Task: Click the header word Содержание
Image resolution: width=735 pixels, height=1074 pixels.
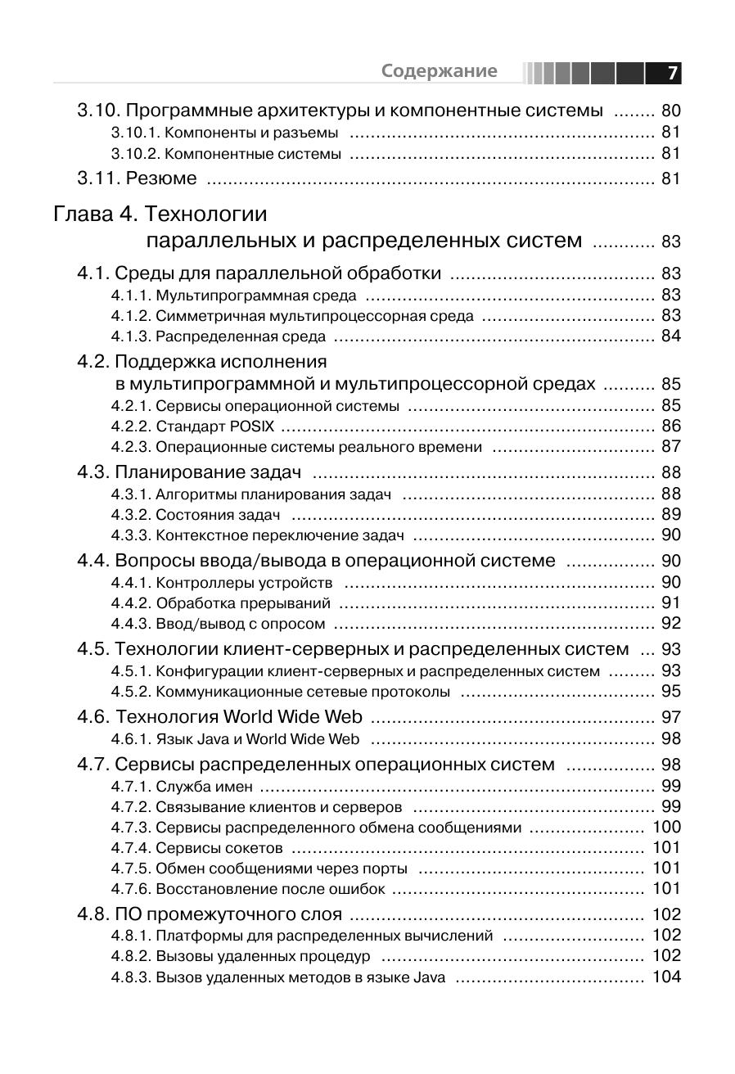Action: click(x=439, y=71)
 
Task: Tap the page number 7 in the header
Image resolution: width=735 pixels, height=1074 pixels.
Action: click(x=671, y=73)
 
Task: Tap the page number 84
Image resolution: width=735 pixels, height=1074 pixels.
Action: click(x=670, y=336)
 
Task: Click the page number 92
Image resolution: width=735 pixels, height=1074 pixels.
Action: click(x=670, y=624)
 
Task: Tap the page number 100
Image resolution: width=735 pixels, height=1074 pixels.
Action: click(x=666, y=827)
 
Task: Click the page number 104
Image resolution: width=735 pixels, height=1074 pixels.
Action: click(x=666, y=977)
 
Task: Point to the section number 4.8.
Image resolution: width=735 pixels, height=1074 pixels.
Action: click(x=92, y=914)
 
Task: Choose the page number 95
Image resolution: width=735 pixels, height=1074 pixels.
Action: click(x=670, y=692)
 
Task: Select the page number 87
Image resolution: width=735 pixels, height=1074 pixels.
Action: click(x=670, y=446)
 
